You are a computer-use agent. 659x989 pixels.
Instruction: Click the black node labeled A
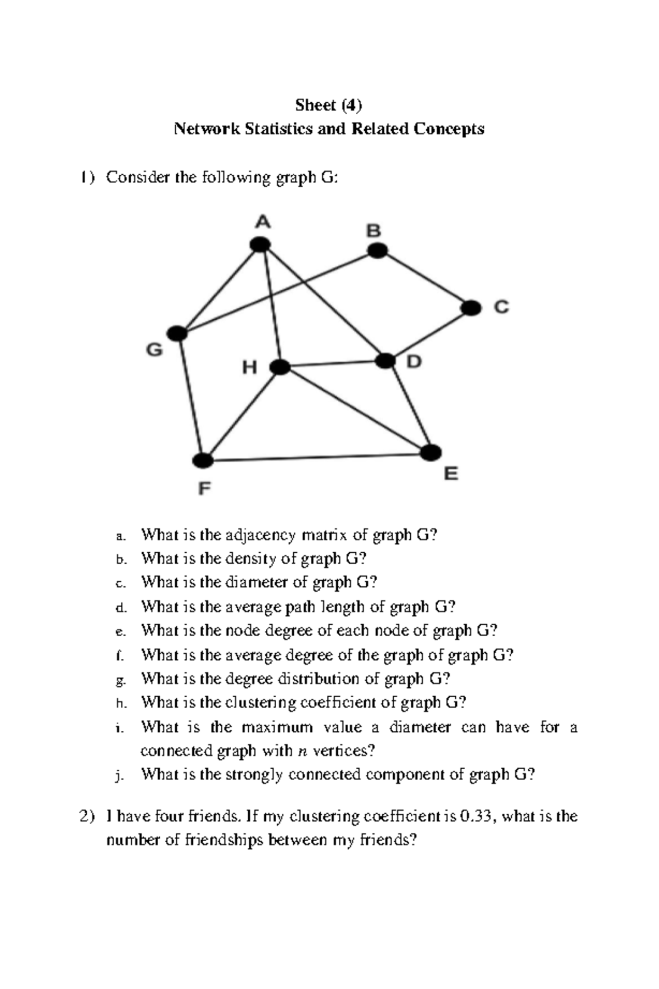pos(260,245)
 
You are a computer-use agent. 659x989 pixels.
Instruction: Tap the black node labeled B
pos(377,251)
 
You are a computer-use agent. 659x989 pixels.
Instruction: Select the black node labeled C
pos(471,308)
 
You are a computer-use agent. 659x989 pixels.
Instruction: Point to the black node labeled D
pos(386,361)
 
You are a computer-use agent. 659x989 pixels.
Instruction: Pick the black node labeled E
pos(431,452)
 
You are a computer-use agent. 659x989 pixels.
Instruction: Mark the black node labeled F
pos(203,460)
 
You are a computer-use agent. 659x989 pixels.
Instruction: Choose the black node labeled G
pos(177,333)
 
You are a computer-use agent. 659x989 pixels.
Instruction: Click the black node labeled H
pos(280,367)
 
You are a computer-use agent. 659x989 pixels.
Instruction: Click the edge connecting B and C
pos(424,279)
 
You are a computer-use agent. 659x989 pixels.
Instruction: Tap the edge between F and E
pos(317,457)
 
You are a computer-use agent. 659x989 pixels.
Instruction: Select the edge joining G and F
pos(190,397)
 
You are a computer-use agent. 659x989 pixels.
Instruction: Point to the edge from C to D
pos(428,334)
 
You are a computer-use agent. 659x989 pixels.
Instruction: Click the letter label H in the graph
pos(250,367)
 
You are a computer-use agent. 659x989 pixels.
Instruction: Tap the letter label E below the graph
pos(451,474)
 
